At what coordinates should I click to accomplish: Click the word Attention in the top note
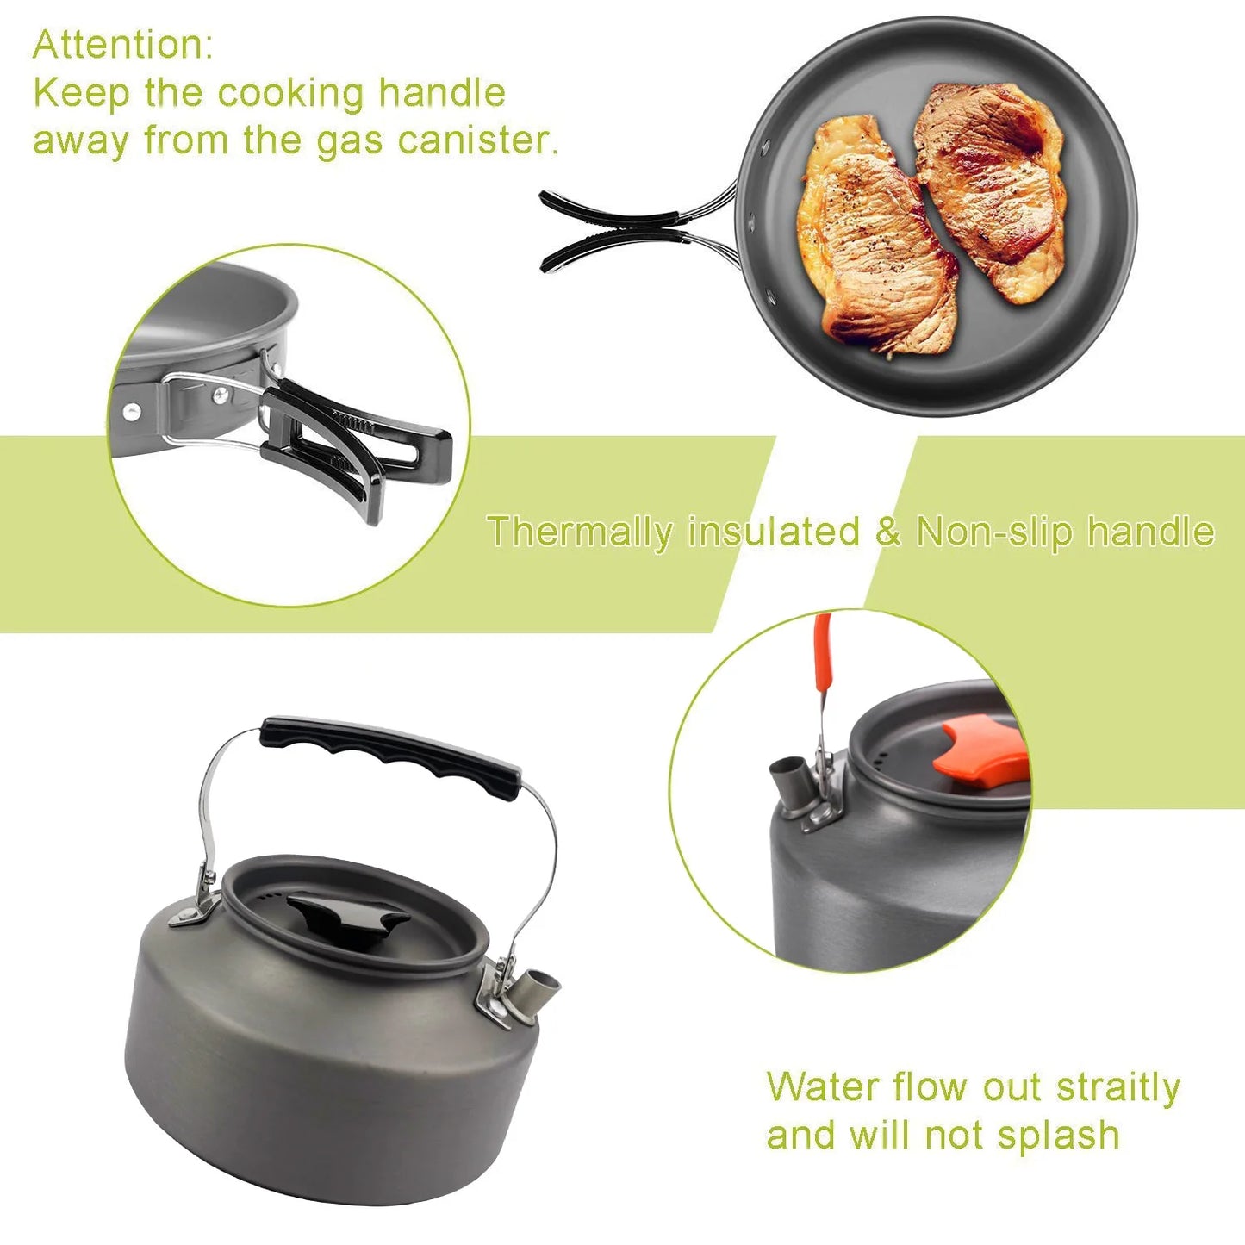pyautogui.click(x=121, y=45)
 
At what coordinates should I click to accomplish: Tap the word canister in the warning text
pyautogui.click(x=478, y=140)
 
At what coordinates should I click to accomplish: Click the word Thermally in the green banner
pyautogui.click(x=579, y=532)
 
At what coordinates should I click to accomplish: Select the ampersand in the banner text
pyautogui.click(x=887, y=532)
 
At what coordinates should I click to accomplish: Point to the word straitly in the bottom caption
pyautogui.click(x=1117, y=1087)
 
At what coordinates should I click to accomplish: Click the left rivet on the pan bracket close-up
pyautogui.click(x=133, y=411)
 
